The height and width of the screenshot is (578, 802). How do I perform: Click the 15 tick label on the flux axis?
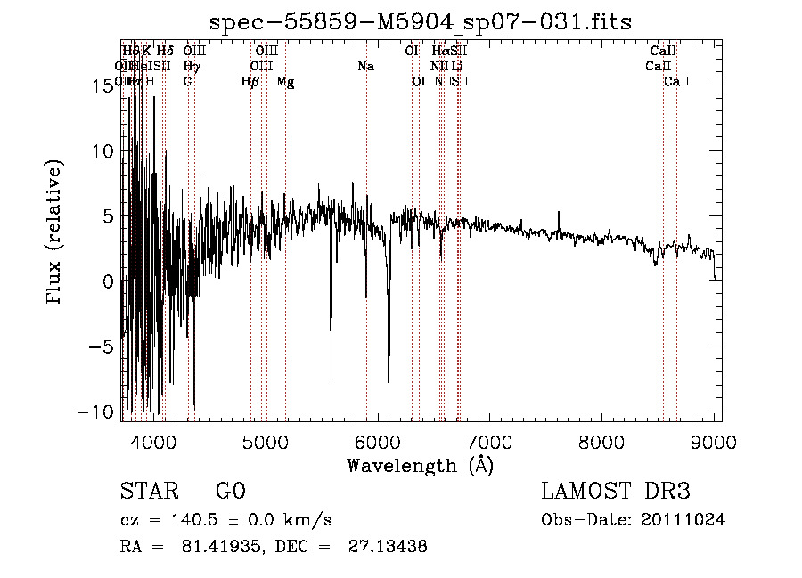[x=104, y=85]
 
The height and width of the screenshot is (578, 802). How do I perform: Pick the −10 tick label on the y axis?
[x=97, y=411]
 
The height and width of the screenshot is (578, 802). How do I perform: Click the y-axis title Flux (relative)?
[x=55, y=232]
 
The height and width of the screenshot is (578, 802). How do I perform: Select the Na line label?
[x=365, y=66]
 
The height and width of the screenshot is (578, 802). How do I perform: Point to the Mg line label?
[x=285, y=82]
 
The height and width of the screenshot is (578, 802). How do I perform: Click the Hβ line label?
[x=250, y=82]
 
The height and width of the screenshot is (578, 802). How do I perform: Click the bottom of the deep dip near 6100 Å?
[x=389, y=381]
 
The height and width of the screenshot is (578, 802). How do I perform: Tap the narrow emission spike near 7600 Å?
[x=559, y=214]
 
